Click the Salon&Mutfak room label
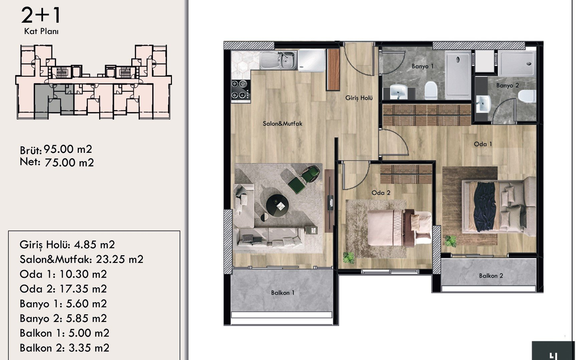pyautogui.click(x=282, y=123)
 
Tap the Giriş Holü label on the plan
pyautogui.click(x=359, y=98)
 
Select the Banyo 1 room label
pyautogui.click(x=422, y=66)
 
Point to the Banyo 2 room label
pyautogui.click(x=508, y=85)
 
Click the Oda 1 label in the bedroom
pyautogui.click(x=483, y=144)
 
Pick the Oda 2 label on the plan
pyautogui.click(x=381, y=193)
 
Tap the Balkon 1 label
pyautogui.click(x=283, y=293)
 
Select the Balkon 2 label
pyautogui.click(x=491, y=276)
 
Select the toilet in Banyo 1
pyautogui.click(x=431, y=90)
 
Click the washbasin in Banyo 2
pyautogui.click(x=483, y=104)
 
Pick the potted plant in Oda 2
pyautogui.click(x=349, y=257)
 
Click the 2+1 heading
pyautogui.click(x=41, y=15)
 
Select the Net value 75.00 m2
pyautogui.click(x=69, y=163)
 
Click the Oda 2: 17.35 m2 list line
pyautogui.click(x=63, y=289)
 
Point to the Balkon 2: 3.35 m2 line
pyautogui.click(x=64, y=348)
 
